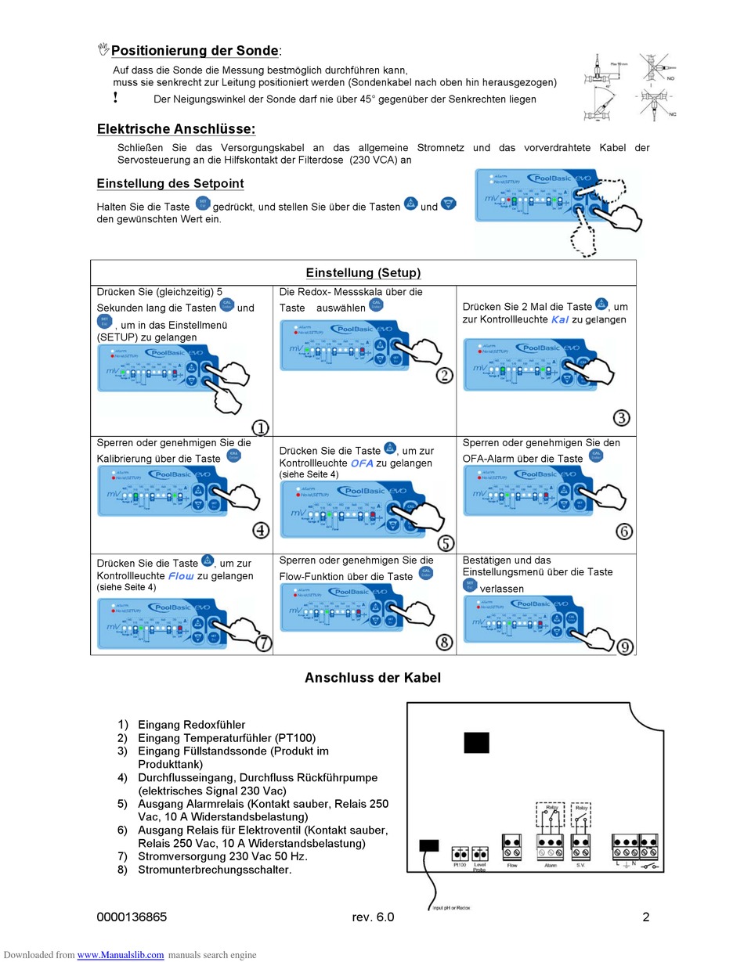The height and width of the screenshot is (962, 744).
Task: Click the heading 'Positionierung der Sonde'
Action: point(195,51)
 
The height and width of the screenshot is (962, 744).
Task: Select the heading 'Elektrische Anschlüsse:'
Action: point(175,129)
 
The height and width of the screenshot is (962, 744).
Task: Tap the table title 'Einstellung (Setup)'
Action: point(363,272)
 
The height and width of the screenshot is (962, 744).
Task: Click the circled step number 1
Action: point(260,427)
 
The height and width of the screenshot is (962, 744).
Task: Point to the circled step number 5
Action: point(445,543)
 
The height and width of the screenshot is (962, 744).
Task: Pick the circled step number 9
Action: point(625,647)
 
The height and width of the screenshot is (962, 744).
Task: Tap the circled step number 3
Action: point(621,417)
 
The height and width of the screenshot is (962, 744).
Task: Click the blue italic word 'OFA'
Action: point(362,463)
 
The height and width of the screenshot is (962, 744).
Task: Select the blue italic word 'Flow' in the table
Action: point(181,575)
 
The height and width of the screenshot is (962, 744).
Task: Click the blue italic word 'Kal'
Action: point(559,319)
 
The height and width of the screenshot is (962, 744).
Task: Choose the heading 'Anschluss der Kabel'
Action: point(372,678)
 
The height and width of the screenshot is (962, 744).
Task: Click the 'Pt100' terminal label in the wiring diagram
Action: point(460,865)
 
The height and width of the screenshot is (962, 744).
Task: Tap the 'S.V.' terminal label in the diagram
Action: point(580,865)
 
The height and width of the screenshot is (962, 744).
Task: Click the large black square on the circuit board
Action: point(476,742)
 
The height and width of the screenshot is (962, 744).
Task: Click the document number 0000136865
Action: point(132,917)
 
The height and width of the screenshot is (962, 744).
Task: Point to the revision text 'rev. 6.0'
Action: point(373,917)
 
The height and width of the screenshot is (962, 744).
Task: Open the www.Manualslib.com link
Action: point(121,955)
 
